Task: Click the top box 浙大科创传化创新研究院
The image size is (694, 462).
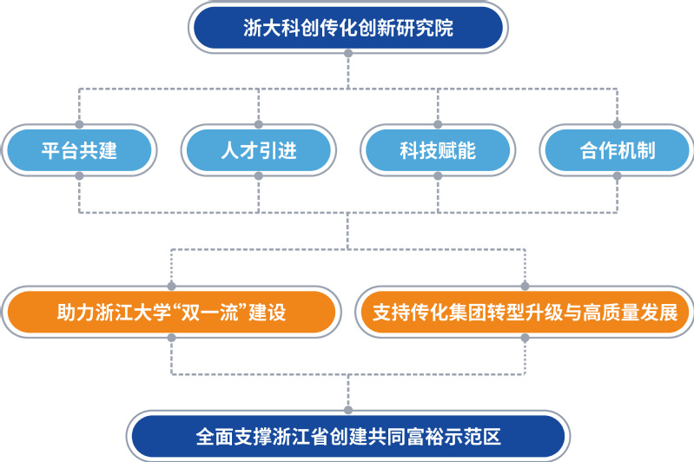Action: (347, 27)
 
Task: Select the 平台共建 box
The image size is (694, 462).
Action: (79, 151)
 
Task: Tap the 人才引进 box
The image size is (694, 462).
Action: (259, 151)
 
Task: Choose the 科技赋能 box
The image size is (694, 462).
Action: (438, 151)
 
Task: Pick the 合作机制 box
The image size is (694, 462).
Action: (617, 151)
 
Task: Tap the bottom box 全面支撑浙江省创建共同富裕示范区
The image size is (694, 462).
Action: (347, 435)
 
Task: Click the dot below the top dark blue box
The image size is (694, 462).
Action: (347, 54)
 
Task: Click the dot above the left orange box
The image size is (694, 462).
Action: (171, 285)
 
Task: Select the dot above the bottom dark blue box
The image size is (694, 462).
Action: (347, 408)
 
